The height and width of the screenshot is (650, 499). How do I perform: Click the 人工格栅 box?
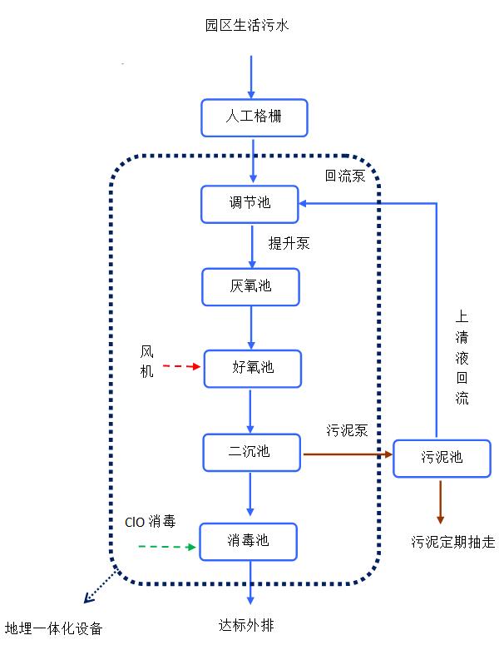coord(254,117)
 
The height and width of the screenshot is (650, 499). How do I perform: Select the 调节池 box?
coord(249,203)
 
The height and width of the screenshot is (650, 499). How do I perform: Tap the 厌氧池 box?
coord(250,287)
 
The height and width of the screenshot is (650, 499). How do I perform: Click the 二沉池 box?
coord(250,452)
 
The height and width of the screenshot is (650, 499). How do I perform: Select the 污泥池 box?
coord(442,457)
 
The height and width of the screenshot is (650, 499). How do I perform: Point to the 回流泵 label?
coord(344,176)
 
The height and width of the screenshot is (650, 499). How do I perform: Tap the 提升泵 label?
coord(289,244)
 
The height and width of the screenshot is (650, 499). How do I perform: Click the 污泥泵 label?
coord(347,430)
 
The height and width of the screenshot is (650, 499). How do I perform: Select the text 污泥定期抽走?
coord(452,542)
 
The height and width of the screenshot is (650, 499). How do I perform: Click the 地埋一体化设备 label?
coord(54,628)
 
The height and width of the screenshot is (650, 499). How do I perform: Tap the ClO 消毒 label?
coord(151,522)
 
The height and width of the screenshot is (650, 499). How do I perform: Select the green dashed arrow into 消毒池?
coord(166,547)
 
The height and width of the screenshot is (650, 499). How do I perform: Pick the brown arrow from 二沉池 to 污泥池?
coord(347,454)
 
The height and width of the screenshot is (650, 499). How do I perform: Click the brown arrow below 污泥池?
coord(441,499)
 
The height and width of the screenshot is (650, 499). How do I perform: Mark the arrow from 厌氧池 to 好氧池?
coord(250,326)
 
